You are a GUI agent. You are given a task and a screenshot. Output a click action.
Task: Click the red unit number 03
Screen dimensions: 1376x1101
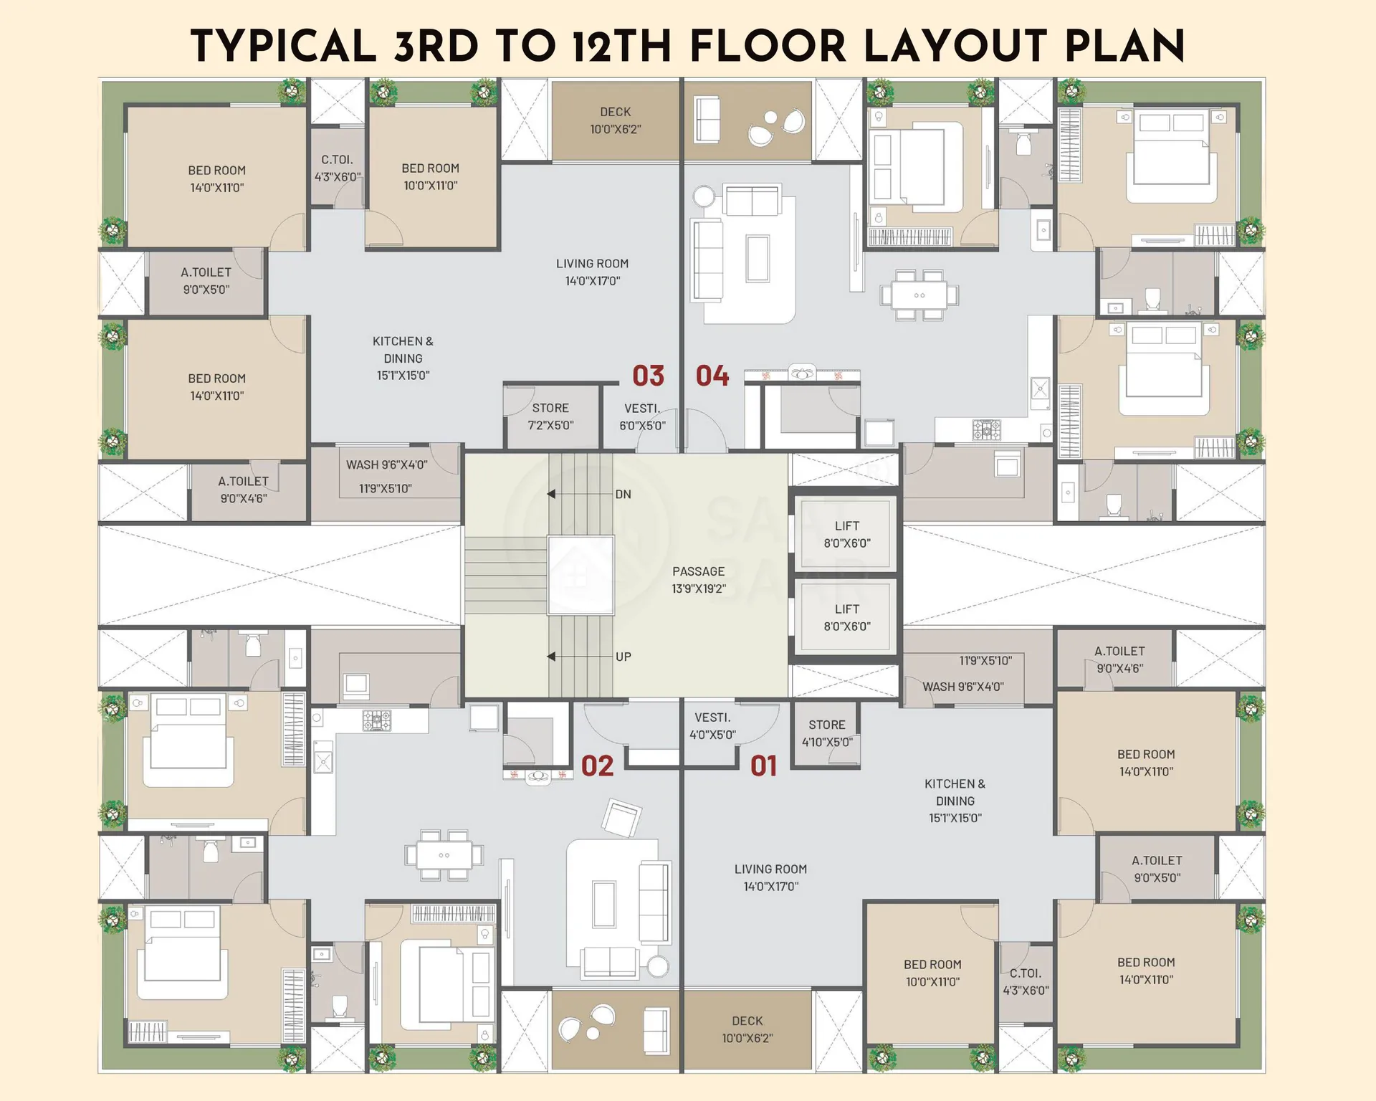(x=648, y=376)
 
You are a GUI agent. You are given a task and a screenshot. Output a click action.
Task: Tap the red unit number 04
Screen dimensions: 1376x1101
(x=712, y=376)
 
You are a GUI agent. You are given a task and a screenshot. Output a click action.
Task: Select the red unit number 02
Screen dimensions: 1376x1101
(x=597, y=766)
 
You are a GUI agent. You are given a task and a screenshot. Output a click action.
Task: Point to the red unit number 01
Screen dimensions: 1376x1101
(x=764, y=766)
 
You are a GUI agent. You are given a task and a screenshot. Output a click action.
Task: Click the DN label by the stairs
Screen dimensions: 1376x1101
(x=623, y=495)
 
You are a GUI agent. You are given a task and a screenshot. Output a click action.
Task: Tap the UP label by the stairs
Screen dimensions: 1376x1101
(x=623, y=657)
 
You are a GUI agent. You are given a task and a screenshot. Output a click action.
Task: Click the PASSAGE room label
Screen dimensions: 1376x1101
(x=699, y=580)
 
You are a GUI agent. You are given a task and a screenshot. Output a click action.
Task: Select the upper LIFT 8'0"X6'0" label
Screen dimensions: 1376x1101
(x=847, y=535)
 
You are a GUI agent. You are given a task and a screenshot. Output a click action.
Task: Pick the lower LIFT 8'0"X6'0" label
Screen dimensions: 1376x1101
(x=847, y=618)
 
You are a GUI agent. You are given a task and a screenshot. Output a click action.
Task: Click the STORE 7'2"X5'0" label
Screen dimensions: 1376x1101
(x=550, y=416)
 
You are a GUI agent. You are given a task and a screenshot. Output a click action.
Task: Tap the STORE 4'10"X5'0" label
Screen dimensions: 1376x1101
(x=827, y=733)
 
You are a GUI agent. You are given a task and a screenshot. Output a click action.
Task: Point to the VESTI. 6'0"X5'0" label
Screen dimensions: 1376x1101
(x=642, y=417)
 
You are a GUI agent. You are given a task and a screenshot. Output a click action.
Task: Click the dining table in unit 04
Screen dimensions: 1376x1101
(x=919, y=295)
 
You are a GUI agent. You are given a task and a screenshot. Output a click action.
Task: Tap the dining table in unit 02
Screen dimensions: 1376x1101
(x=444, y=855)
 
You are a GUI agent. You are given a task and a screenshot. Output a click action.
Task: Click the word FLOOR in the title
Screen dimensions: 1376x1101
(x=768, y=47)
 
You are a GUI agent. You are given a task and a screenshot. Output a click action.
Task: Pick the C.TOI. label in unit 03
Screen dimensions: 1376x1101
(x=337, y=160)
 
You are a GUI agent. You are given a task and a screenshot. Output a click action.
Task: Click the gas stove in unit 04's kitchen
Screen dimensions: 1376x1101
(x=986, y=430)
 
